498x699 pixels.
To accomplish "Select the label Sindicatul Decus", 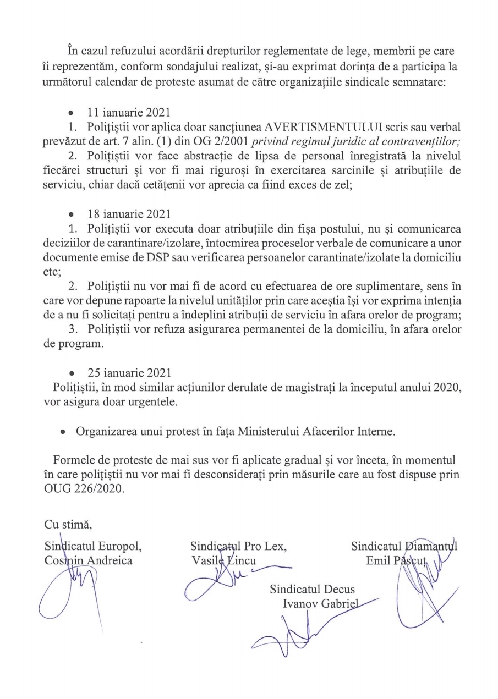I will [312, 590].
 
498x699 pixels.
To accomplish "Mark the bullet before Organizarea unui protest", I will [65, 432].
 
